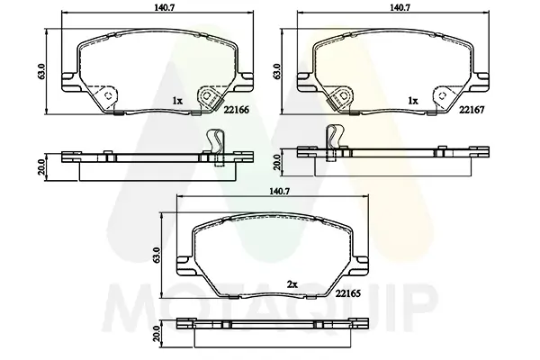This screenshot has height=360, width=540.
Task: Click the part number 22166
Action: point(236,110)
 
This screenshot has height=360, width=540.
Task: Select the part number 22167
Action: point(472,110)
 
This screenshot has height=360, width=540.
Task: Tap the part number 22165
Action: point(347,293)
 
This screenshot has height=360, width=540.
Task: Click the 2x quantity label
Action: point(292,284)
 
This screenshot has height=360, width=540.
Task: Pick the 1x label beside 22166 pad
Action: point(177,101)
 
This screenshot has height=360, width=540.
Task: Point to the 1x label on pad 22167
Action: point(412,101)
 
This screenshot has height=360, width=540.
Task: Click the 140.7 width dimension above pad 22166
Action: point(158,7)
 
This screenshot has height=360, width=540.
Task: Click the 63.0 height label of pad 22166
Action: point(42,72)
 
